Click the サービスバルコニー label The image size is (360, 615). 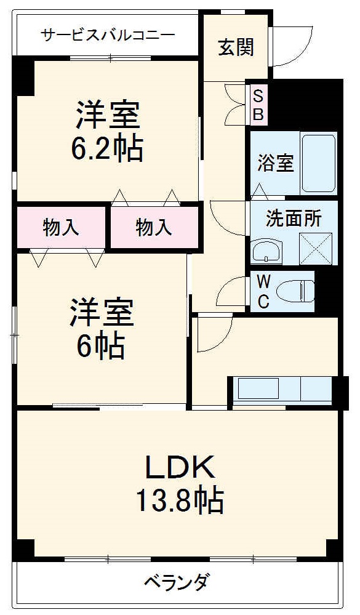(108, 34)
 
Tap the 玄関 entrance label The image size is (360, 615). (236, 47)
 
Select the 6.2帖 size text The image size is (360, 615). (110, 148)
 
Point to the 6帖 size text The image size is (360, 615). (101, 347)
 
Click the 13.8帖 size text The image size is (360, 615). (179, 500)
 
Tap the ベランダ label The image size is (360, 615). (177, 581)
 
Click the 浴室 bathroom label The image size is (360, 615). (275, 164)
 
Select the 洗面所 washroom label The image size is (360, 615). (293, 219)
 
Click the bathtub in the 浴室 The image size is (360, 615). (318, 163)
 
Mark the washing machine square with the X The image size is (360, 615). (315, 248)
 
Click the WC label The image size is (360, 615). (263, 292)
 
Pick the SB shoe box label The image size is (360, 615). (258, 105)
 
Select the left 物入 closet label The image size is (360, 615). (61, 228)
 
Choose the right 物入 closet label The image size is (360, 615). (153, 228)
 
